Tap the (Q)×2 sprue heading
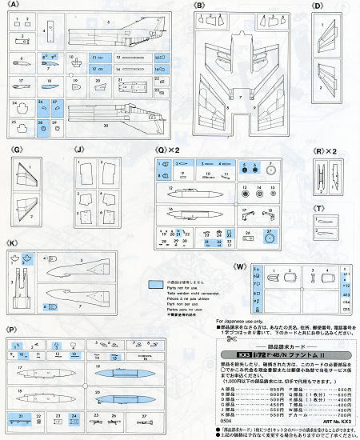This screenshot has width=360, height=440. pyautogui.click(x=169, y=150)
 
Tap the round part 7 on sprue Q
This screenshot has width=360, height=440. pyautogui.click(x=271, y=170)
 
